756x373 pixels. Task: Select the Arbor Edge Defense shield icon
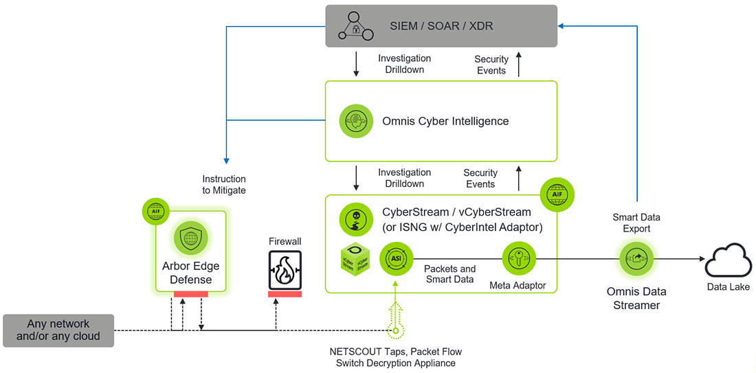[190, 238]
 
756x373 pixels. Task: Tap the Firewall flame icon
[285, 271]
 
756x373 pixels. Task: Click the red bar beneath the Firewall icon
[285, 294]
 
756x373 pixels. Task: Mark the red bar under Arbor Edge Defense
[190, 294]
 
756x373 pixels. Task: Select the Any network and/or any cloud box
[58, 330]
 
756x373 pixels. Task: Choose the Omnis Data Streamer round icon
[636, 259]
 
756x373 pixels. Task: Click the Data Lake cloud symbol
[729, 259]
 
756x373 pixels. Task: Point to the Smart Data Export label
[636, 223]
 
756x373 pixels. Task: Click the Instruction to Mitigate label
[224, 185]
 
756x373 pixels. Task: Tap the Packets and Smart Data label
[450, 274]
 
